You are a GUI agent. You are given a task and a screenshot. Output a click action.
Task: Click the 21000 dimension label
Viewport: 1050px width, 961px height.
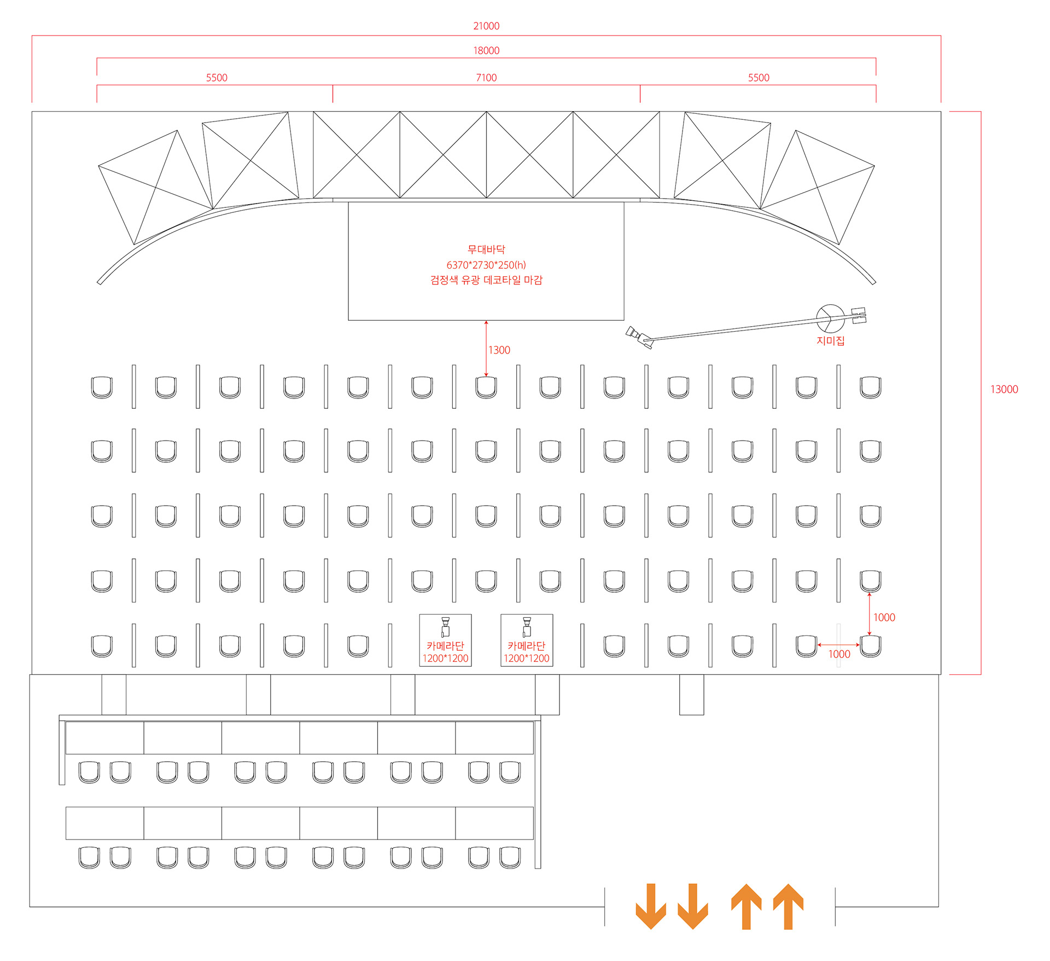click(486, 26)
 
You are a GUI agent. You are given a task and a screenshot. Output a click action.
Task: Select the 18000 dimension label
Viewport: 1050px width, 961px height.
click(486, 51)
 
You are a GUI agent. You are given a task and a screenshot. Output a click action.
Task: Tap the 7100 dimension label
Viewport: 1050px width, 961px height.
click(486, 78)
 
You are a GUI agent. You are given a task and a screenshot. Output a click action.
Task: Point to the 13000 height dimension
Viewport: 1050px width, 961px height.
click(1004, 390)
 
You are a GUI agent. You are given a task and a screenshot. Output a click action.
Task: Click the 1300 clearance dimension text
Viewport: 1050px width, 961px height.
click(499, 350)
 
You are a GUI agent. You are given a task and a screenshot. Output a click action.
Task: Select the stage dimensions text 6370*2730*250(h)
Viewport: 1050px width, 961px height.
click(486, 265)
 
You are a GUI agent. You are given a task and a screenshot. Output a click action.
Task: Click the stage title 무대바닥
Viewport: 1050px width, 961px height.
click(486, 250)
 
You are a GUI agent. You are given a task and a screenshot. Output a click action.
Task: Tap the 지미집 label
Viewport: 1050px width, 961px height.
click(830, 341)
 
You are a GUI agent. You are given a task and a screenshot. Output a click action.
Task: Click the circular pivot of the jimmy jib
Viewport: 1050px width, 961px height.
click(830, 318)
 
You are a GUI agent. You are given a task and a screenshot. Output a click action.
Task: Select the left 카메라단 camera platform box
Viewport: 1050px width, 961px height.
click(445, 640)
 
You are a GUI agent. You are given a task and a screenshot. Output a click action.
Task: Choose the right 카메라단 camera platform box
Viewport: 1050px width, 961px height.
click(527, 640)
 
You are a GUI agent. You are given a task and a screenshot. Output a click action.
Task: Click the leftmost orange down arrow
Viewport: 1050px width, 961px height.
click(651, 906)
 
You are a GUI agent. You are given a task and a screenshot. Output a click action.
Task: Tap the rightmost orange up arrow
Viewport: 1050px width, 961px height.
click(788, 906)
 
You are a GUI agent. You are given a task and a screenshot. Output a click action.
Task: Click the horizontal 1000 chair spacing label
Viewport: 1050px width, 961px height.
click(839, 655)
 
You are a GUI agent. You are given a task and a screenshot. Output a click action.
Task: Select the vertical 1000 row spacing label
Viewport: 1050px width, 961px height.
click(884, 618)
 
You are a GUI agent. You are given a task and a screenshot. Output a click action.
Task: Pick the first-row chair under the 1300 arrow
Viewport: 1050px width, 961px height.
click(486, 387)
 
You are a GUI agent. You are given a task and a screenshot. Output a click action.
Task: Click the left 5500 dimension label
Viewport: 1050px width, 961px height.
click(217, 78)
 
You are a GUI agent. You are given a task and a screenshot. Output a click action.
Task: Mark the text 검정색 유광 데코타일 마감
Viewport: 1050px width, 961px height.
click(486, 280)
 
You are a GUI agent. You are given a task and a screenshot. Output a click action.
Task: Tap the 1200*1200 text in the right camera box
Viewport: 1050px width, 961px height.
click(527, 658)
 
